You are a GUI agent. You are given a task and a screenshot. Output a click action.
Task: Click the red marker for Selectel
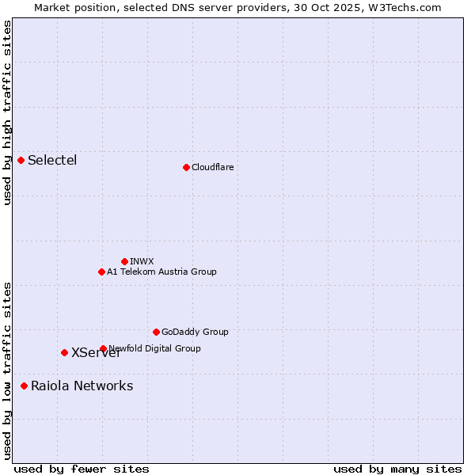click(21, 161)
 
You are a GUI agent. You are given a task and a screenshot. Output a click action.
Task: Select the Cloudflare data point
click(186, 167)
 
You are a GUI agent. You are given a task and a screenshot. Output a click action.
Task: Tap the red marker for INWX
click(124, 261)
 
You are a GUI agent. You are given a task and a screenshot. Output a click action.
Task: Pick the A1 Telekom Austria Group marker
click(101, 272)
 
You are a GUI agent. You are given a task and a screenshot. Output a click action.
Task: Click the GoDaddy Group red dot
click(156, 332)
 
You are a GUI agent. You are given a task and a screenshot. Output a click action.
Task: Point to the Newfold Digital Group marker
click(103, 348)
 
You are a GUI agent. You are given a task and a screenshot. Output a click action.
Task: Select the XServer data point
click(64, 352)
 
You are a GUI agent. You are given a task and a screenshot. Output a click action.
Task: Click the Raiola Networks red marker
click(24, 386)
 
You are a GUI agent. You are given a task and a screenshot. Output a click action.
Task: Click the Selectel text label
click(52, 161)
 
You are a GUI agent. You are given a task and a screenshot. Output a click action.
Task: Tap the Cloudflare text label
click(212, 167)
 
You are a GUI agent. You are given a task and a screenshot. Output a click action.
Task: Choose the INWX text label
click(142, 261)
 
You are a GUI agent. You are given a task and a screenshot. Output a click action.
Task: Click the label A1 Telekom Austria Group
click(161, 272)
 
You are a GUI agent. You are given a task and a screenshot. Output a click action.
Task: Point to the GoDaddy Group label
click(195, 332)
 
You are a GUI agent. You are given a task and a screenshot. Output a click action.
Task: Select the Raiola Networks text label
click(82, 386)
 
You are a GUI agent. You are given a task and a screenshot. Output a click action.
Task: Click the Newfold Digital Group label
click(155, 348)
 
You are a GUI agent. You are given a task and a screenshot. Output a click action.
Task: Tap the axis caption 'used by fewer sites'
click(82, 469)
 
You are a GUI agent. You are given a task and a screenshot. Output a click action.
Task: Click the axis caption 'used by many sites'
click(397, 469)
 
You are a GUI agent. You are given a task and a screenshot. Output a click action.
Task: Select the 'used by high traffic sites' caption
click(7, 112)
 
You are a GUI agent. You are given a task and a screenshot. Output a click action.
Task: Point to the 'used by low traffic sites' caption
click(7, 370)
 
